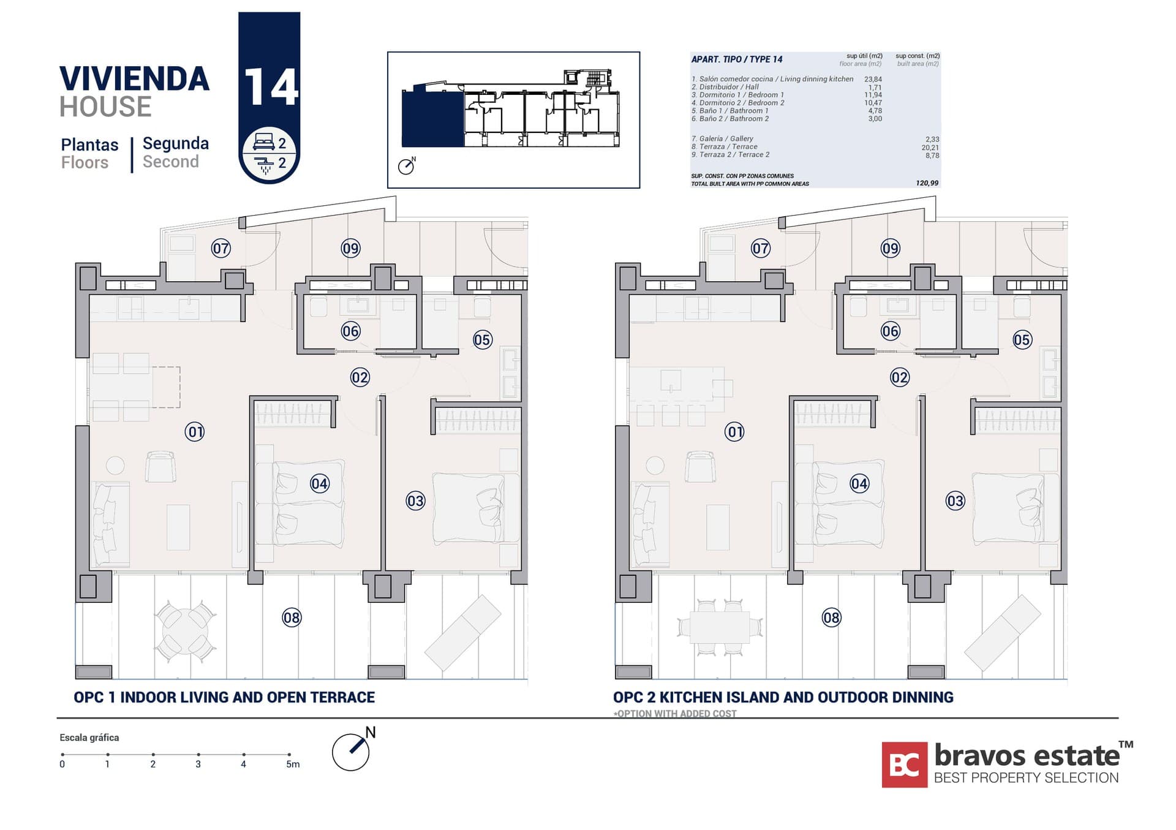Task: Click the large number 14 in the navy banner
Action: point(270,87)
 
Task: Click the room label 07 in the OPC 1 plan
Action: point(221,248)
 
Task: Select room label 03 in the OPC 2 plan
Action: point(955,501)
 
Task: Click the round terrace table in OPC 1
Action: point(184,632)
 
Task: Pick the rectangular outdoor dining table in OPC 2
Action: point(720,627)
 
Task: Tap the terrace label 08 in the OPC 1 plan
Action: point(292,617)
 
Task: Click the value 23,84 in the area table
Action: point(873,79)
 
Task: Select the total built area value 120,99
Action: point(927,183)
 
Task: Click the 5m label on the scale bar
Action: point(293,764)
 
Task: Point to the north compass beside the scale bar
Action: point(352,751)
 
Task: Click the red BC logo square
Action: point(904,764)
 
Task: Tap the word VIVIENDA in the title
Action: point(134,79)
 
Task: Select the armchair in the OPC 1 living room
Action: point(160,467)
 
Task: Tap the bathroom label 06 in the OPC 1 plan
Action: point(350,331)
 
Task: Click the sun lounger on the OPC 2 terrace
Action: point(1002,632)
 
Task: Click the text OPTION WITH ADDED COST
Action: point(676,714)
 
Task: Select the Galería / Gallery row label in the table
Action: point(722,139)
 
